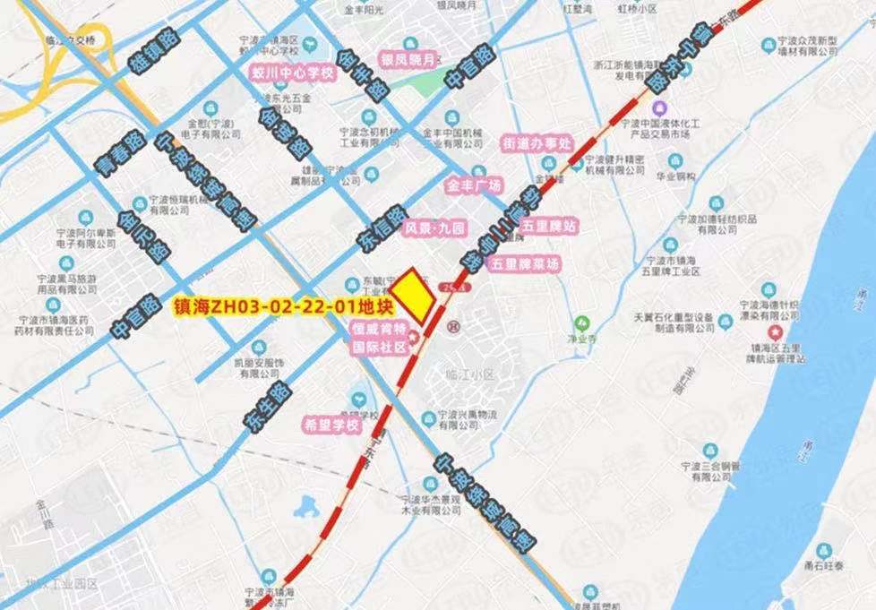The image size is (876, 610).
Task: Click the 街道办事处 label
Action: point(536,142)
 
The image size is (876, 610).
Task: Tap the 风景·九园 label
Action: point(435,229)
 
